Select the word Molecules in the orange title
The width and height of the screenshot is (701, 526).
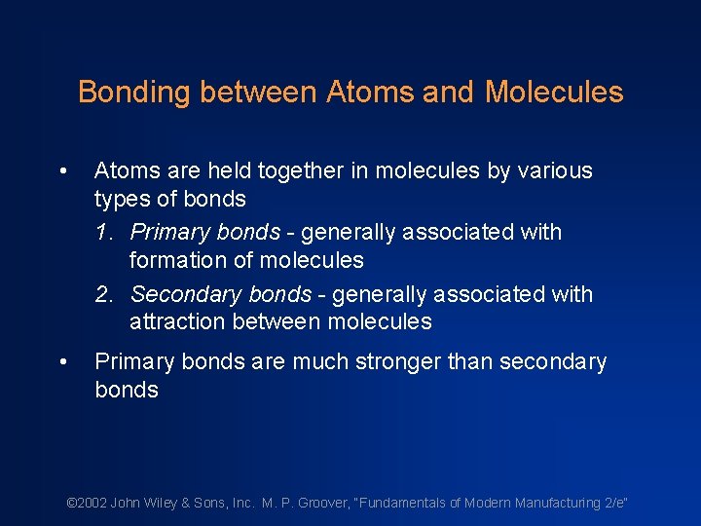[554, 93]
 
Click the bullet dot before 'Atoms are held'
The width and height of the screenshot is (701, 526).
[62, 171]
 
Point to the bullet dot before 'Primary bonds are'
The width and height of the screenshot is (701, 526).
[62, 363]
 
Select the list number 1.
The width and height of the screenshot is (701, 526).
[103, 233]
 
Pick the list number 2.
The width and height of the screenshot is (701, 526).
[103, 294]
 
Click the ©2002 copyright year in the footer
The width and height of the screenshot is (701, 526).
[87, 503]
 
